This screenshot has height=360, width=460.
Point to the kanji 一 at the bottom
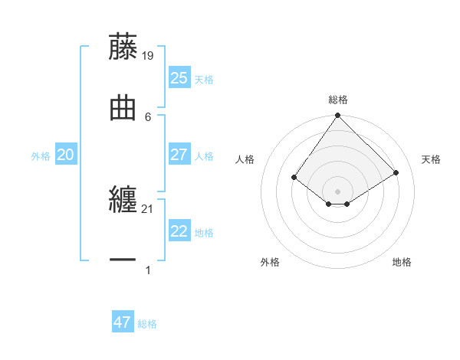(123, 260)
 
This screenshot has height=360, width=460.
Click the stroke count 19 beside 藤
(149, 55)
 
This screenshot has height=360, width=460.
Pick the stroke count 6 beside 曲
(148, 116)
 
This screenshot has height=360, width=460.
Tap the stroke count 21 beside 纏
(148, 208)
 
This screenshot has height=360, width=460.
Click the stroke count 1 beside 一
(148, 270)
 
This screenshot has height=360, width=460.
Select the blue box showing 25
(179, 77)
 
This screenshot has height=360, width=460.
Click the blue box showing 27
(179, 155)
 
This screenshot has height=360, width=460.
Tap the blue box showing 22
(179, 231)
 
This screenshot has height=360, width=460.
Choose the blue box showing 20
(66, 155)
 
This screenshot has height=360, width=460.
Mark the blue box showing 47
(123, 322)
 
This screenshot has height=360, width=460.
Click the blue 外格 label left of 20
(41, 155)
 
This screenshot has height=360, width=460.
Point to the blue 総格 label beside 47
(147, 324)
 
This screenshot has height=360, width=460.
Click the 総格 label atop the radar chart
(337, 100)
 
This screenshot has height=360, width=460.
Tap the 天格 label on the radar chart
(431, 159)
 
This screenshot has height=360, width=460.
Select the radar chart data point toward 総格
(337, 116)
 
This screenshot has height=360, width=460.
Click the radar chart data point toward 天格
(396, 172)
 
